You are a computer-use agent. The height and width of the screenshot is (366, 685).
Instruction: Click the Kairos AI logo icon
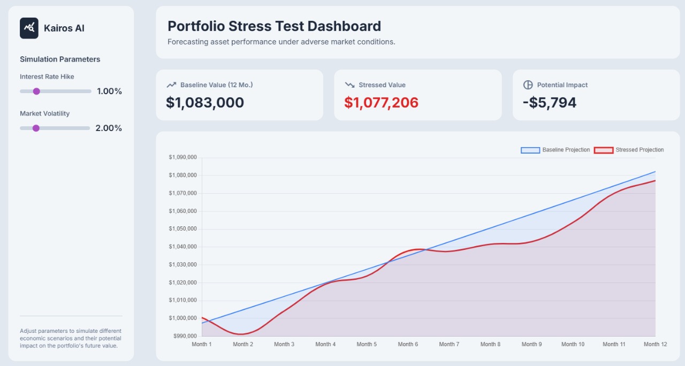(x=29, y=28)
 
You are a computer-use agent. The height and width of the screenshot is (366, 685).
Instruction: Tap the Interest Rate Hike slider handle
(x=36, y=91)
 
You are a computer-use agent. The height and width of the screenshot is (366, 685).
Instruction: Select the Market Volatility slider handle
(x=36, y=128)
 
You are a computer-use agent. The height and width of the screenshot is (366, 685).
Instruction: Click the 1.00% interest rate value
(x=109, y=91)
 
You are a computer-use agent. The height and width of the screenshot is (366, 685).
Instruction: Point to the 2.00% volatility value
(x=109, y=128)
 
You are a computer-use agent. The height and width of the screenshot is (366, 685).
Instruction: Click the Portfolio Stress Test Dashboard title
(x=274, y=26)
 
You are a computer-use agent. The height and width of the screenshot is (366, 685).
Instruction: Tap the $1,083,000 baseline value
(x=205, y=102)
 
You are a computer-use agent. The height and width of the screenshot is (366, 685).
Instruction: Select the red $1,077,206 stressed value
(x=381, y=102)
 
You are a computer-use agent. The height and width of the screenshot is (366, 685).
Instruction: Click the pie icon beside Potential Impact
(x=528, y=85)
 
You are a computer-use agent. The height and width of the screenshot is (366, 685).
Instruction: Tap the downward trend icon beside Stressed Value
(x=350, y=85)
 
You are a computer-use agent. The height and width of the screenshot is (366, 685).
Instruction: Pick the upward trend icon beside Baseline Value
(x=171, y=85)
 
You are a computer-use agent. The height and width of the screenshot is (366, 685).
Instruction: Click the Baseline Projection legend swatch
(x=530, y=150)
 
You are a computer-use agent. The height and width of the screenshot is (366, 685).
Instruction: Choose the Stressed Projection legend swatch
(x=604, y=150)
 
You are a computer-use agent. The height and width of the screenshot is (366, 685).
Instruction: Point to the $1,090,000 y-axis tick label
(x=183, y=157)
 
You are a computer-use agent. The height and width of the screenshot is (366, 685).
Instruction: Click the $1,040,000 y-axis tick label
(x=183, y=247)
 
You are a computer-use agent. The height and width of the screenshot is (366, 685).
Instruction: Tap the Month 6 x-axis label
(x=408, y=344)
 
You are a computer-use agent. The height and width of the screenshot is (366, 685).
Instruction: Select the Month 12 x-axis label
(x=655, y=344)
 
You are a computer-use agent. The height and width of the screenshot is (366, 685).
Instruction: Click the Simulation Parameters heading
(x=60, y=59)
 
